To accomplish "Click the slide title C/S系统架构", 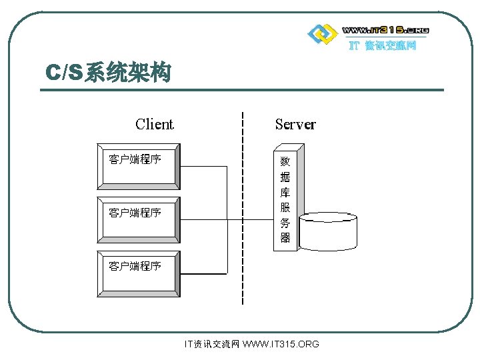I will (x=107, y=73).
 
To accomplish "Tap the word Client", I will (x=154, y=124).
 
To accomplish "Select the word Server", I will (x=295, y=124).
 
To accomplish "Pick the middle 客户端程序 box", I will (x=138, y=219).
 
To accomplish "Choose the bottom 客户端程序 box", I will (x=138, y=273).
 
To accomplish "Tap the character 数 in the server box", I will (x=285, y=161).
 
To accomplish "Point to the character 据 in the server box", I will (x=285, y=177).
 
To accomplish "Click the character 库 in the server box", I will (x=285, y=192).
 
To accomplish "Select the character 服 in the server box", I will (x=285, y=207).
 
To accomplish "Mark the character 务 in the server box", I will (x=285, y=223).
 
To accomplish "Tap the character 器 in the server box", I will (x=285, y=238).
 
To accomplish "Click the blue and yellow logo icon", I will (x=321, y=33).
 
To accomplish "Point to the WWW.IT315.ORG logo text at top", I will (x=385, y=30).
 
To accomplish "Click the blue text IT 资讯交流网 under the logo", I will (x=383, y=46).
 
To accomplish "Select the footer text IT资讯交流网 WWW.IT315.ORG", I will (x=251, y=344).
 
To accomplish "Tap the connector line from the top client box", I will (x=203, y=167).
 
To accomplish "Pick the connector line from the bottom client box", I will (x=203, y=274).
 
